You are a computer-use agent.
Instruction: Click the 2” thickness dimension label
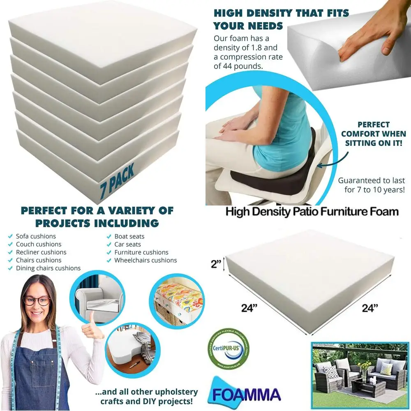216,264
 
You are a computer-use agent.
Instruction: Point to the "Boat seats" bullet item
129,236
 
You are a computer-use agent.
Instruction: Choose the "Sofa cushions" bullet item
36,236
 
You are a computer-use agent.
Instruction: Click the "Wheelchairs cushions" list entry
145,260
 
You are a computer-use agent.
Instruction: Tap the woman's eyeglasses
37,300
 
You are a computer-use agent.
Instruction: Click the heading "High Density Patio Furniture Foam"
312,212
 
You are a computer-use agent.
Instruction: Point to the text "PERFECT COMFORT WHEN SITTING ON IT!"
373,134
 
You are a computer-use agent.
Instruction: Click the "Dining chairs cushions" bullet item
48,268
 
